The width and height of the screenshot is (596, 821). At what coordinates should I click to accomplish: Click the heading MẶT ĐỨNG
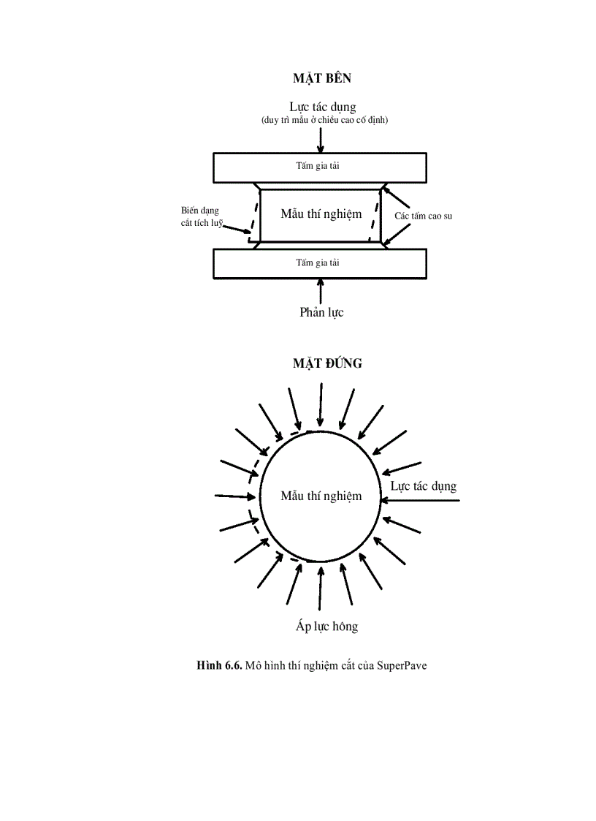327,363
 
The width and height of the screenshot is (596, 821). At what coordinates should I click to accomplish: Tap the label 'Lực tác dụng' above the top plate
322,107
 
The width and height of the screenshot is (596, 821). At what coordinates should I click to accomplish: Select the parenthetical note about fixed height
324,120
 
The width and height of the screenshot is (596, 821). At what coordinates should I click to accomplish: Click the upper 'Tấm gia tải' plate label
317,166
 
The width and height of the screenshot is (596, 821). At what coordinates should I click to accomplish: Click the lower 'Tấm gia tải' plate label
317,262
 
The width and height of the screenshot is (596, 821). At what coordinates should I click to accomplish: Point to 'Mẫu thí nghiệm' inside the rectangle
321,214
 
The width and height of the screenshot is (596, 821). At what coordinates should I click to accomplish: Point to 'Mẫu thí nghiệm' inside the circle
321,496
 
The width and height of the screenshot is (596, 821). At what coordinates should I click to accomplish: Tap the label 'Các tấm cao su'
424,216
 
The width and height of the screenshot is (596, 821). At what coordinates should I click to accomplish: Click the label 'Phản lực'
321,312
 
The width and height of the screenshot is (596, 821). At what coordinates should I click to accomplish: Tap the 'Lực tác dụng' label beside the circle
424,486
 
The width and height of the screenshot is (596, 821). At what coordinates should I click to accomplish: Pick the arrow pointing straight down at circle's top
320,406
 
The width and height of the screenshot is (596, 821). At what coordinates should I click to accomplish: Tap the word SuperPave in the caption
402,665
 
